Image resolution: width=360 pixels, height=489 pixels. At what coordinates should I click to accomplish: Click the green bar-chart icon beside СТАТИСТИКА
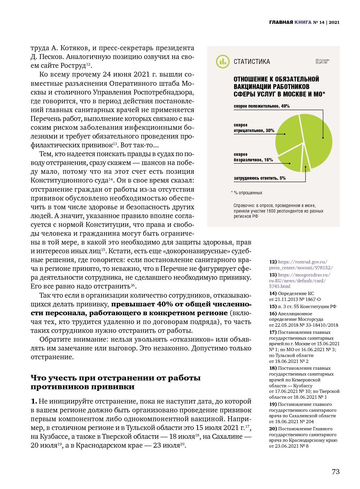223,62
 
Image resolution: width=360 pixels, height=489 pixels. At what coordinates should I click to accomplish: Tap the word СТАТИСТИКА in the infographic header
252,62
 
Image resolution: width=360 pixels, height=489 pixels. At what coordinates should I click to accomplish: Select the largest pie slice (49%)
317,140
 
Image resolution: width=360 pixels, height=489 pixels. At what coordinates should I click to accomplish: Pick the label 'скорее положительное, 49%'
262,106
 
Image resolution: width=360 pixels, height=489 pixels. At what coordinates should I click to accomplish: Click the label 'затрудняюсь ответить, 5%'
260,178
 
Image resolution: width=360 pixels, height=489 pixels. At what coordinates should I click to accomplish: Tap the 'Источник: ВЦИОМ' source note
322,61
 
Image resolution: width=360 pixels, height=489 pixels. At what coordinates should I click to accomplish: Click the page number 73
336,472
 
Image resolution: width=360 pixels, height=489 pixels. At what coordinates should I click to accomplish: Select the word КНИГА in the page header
303,22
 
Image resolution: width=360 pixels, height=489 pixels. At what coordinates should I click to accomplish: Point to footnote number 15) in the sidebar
273,306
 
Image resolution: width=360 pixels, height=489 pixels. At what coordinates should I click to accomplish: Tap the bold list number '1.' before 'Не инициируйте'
34,401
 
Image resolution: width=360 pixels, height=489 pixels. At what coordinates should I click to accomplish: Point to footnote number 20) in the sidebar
273,429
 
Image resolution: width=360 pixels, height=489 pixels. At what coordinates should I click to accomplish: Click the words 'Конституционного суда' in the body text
69,181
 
